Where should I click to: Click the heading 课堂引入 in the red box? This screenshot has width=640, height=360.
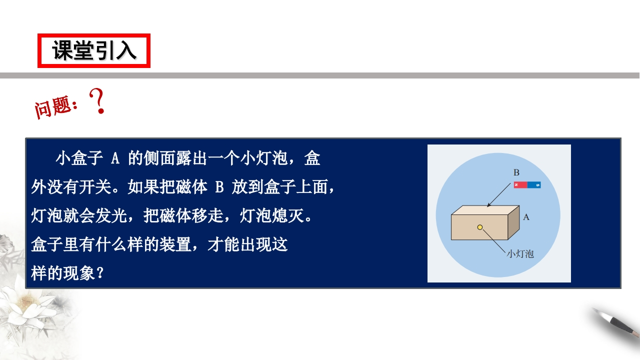tap(94, 50)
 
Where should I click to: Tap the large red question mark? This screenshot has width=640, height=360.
tap(97, 101)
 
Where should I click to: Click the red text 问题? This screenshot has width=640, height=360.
tap(56, 107)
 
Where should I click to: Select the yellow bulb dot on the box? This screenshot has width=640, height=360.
tap(480, 227)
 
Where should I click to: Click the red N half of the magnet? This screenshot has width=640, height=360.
tap(520, 185)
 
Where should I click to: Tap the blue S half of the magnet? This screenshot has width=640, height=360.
tap(534, 185)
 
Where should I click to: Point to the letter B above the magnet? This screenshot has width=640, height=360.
tap(516, 172)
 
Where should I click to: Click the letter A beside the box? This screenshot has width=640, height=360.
tap(526, 217)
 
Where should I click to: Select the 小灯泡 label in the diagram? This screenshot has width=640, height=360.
tap(520, 254)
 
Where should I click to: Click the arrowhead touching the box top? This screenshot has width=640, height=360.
tap(488, 204)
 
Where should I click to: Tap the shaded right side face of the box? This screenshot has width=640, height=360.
tap(513, 222)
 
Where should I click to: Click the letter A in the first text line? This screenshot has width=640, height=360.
tap(115, 158)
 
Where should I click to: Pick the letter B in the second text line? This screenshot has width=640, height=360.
tap(219, 187)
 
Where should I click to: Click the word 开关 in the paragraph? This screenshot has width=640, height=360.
tap(95, 187)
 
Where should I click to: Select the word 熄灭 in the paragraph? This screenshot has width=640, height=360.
tap(287, 215)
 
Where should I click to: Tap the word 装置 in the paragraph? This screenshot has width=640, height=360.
tap(175, 244)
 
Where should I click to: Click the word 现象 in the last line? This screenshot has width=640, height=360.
tap(79, 273)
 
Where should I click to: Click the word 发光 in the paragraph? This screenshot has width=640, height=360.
tap(111, 215)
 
